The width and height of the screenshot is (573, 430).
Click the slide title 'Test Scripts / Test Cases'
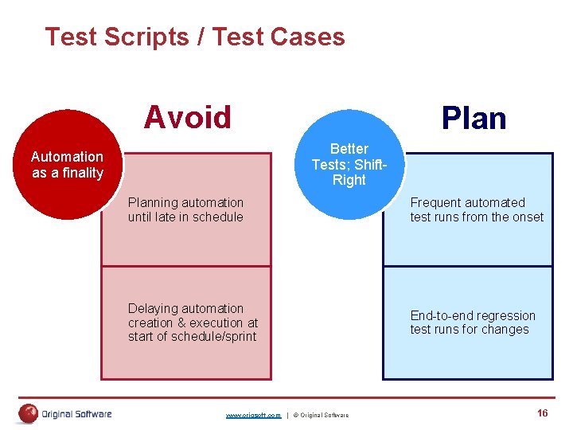coord(195,37)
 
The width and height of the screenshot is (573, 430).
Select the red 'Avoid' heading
coord(187,118)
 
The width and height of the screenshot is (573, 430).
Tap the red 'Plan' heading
coord(474,118)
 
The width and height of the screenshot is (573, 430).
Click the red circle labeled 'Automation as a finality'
coord(68,165)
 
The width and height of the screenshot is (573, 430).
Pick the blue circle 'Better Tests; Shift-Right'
coord(349,165)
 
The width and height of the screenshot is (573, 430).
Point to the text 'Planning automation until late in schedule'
coord(186,209)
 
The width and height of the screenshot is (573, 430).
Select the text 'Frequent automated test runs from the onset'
coord(477,209)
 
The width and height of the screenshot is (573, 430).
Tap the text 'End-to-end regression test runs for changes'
coord(473,322)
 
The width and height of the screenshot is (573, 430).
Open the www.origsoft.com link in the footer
coord(253,415)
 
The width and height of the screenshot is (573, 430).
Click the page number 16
coord(542,412)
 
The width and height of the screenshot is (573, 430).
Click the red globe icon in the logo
coord(29,413)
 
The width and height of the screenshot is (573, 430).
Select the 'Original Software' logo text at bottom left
coord(76,413)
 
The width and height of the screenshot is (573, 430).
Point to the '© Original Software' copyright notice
coord(321,415)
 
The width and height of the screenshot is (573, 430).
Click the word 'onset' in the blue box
coord(528,217)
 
